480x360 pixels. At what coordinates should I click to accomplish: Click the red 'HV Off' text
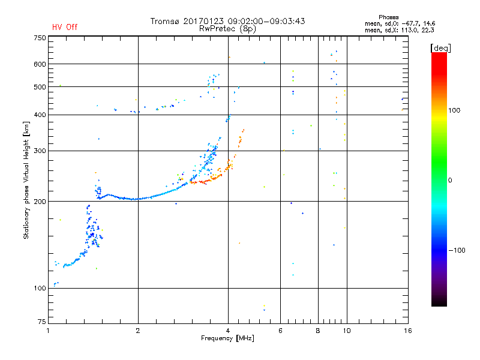point(64,27)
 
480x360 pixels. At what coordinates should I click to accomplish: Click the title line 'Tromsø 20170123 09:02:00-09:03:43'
point(227,21)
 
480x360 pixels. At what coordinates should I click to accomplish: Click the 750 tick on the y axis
point(40,38)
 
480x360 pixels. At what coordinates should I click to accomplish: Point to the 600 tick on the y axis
point(40,64)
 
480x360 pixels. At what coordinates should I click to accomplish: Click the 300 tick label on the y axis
point(40,151)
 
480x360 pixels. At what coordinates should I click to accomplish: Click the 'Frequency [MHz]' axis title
point(227,338)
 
